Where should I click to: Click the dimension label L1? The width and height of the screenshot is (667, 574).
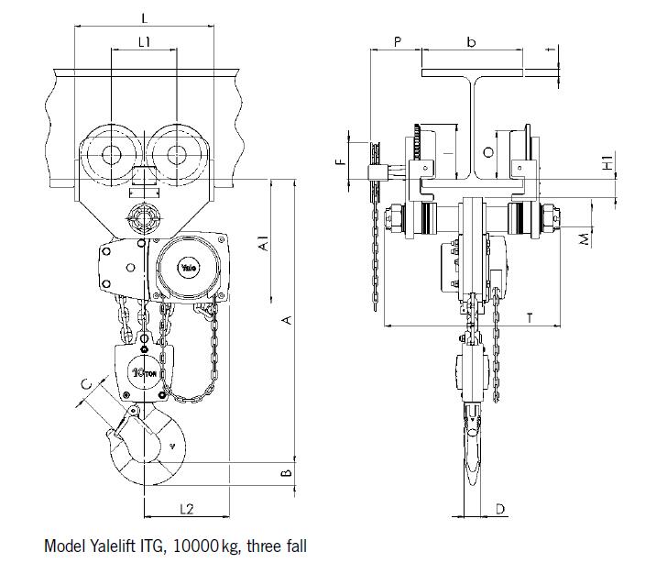point(144,42)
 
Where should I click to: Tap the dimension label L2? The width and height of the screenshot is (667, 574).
point(186,508)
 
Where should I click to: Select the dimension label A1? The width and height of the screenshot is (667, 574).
point(264,243)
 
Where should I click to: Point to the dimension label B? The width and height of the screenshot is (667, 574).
point(287,472)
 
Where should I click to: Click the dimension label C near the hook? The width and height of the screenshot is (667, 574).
point(86,384)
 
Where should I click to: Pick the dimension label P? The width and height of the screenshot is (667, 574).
point(398,41)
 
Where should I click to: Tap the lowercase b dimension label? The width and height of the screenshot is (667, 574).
point(471,42)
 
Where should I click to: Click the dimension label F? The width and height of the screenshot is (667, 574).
point(339,161)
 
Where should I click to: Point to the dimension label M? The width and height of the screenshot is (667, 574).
point(585,239)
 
